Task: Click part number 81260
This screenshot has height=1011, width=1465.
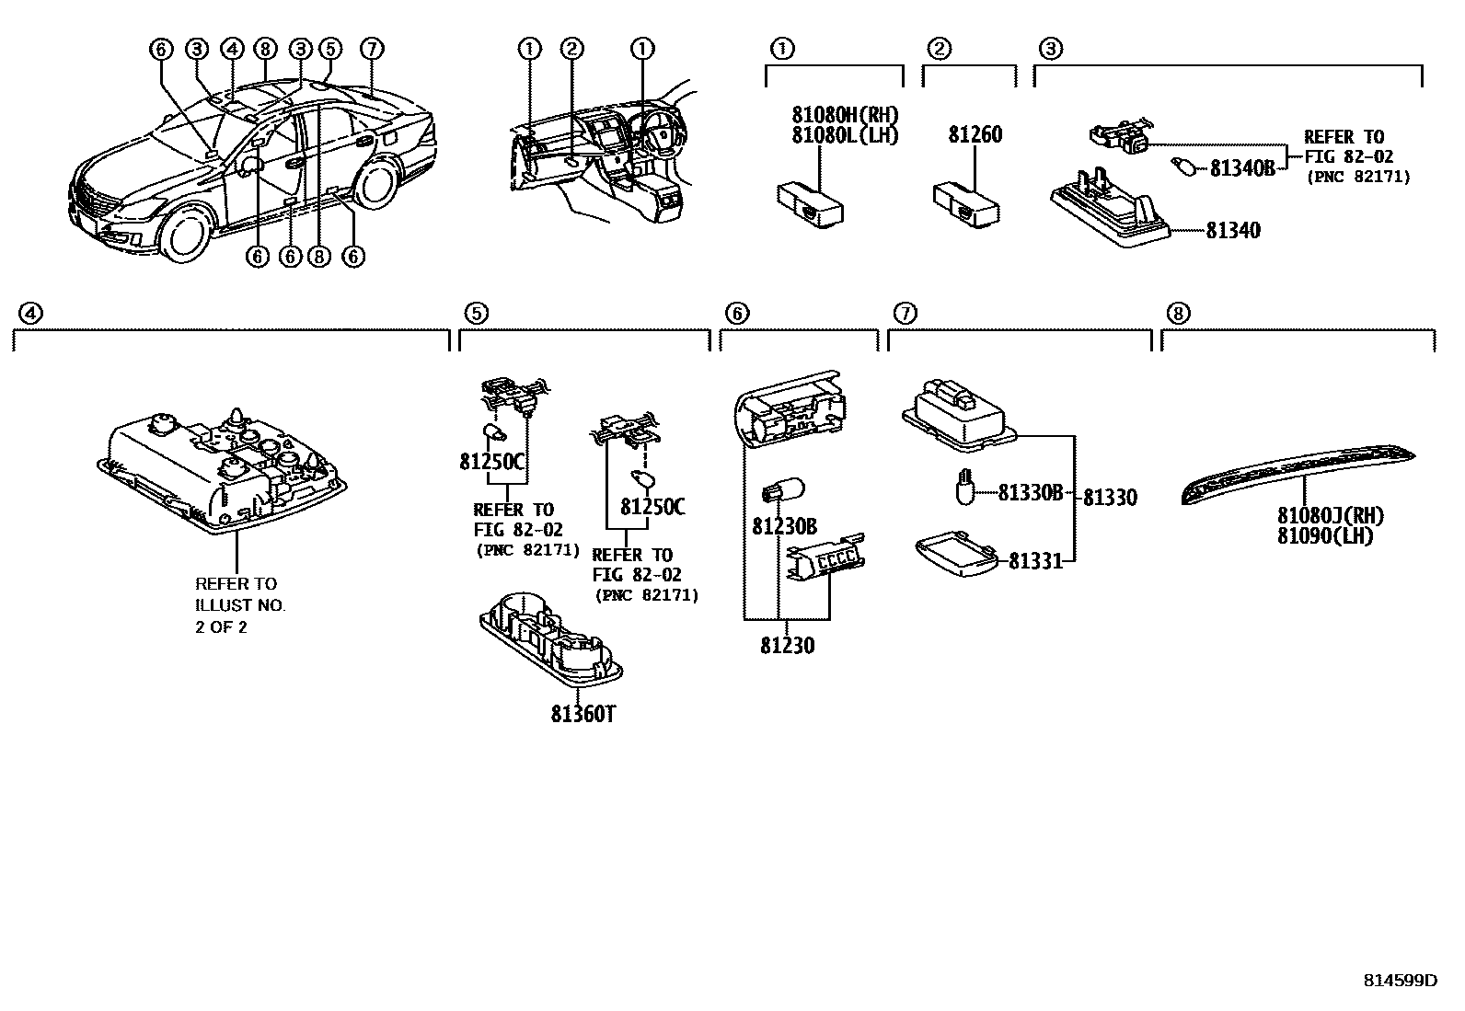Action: point(975,135)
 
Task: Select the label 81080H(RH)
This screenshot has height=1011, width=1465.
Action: point(844,116)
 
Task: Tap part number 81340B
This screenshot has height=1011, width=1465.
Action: point(1241,168)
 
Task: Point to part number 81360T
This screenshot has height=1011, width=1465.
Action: point(582,714)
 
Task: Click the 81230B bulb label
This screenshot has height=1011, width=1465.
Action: point(784,526)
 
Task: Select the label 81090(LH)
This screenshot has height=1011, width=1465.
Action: point(1324,536)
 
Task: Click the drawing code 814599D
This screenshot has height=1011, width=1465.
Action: point(1399,981)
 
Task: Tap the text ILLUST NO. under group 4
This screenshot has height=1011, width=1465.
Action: point(240,605)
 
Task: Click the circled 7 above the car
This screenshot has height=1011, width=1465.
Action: point(371,49)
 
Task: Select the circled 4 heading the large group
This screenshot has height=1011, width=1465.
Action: point(30,314)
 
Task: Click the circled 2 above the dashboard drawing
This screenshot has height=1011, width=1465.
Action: point(571,49)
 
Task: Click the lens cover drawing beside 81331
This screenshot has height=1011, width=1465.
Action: point(957,556)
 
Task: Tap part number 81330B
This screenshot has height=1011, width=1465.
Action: point(1030,493)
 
